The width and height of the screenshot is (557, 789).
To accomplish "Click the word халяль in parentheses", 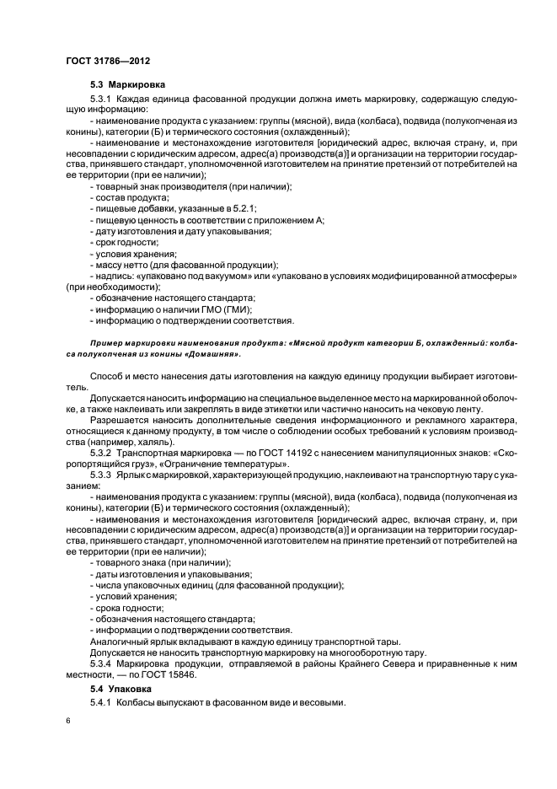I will [x=153, y=442].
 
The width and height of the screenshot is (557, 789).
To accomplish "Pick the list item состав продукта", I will [x=126, y=196].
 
